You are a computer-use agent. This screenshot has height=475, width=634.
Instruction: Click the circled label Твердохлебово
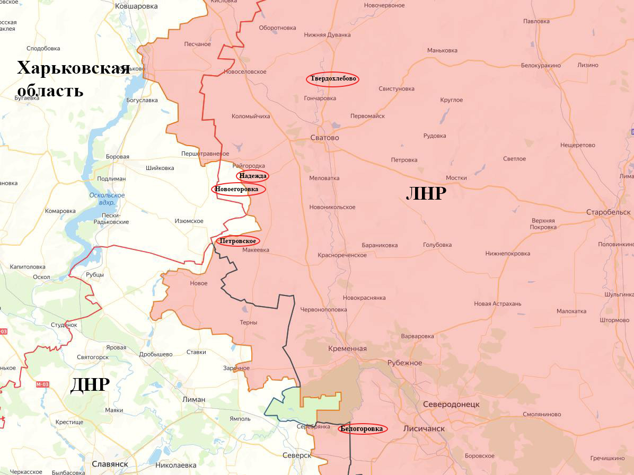tap(332, 79)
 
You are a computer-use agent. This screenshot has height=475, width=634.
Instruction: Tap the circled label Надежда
tap(253, 176)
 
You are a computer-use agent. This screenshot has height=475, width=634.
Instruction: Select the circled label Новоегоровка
tap(239, 189)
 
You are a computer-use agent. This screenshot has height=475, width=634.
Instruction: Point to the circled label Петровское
tap(238, 241)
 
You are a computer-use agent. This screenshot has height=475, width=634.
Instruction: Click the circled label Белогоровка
tap(363, 429)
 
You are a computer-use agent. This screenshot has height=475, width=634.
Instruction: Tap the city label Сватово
tap(324, 138)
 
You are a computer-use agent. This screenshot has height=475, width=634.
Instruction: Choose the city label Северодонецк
tap(451, 404)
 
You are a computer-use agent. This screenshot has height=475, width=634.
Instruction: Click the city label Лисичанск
tap(424, 428)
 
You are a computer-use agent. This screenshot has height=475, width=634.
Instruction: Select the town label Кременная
tap(347, 348)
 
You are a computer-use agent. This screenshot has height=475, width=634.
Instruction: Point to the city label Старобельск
tap(608, 212)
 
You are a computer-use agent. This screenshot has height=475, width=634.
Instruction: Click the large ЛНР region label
tap(426, 194)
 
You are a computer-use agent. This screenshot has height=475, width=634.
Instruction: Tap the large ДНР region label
tap(90, 385)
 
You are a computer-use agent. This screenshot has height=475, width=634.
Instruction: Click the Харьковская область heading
tap(73, 79)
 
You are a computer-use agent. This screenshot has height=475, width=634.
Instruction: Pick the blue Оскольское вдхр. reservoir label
tap(107, 199)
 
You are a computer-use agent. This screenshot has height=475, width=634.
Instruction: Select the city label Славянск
tap(110, 464)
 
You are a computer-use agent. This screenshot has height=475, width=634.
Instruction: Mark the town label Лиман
tap(193, 399)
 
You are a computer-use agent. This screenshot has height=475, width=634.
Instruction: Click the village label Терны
tap(248, 322)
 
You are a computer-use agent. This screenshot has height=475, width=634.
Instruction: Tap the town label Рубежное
tap(404, 363)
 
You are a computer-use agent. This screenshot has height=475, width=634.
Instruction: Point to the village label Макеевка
tap(256, 250)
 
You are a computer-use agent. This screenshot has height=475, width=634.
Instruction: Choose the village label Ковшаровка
tap(137, 6)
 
